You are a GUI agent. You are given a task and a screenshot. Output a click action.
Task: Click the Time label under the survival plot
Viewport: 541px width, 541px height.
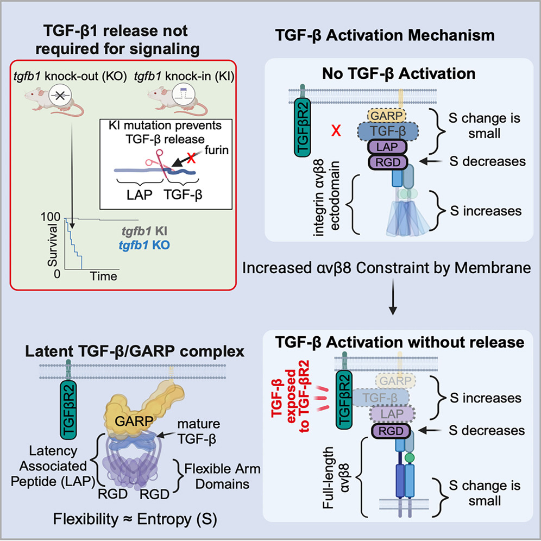click(x=103, y=276)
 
